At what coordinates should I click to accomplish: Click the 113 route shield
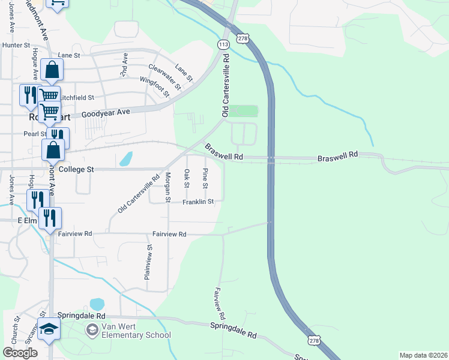pos(223,45)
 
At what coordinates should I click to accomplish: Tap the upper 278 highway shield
pos(243,38)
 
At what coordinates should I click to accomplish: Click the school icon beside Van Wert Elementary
pos(91,329)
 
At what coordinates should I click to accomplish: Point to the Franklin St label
pos(199,202)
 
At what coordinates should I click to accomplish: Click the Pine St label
pos(205,178)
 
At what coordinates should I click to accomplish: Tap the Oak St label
pos(187,178)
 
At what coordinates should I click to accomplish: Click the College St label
pos(76,170)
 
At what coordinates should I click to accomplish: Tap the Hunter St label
pos(16,45)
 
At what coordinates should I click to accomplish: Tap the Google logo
pos(20,353)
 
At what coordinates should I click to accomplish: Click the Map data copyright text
pos(423,355)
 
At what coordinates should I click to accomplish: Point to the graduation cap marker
pos(49,329)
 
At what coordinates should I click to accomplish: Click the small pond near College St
pos(126,159)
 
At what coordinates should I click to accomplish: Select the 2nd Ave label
pos(125,64)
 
